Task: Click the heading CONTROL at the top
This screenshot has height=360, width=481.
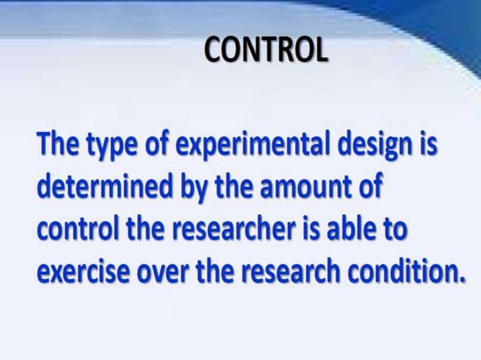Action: (x=266, y=51)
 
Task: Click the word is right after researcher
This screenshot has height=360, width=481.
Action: (x=311, y=227)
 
